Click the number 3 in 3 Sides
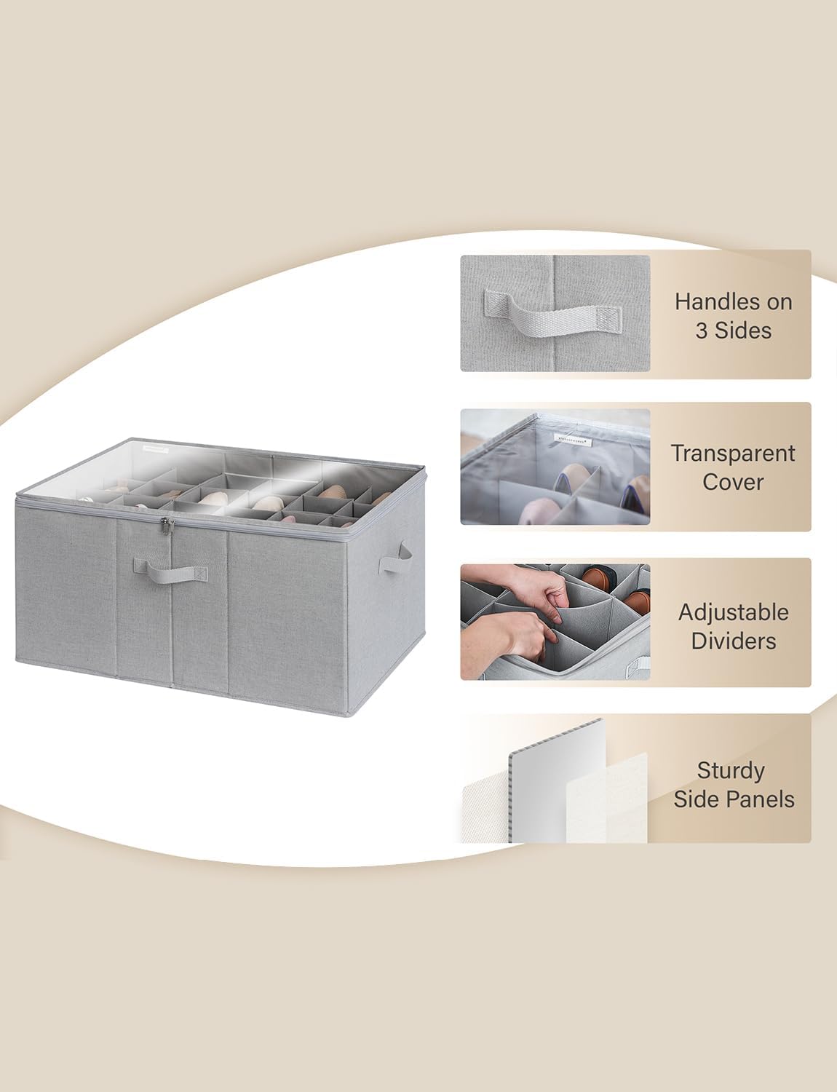pyautogui.click(x=702, y=331)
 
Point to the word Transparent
pyautogui.click(x=732, y=454)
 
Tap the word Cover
pyautogui.click(x=732, y=482)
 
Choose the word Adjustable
pyautogui.click(x=733, y=612)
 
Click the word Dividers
pyautogui.click(x=733, y=641)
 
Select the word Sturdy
pyautogui.click(x=731, y=770)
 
